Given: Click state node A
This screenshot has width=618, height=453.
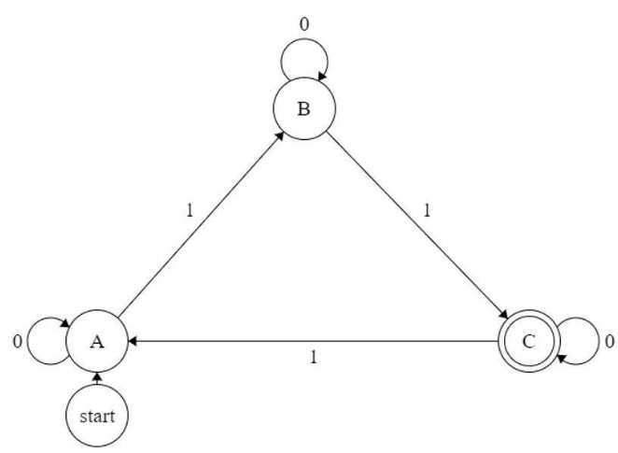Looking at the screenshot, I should [97, 342].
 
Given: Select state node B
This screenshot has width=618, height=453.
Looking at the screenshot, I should [302, 108].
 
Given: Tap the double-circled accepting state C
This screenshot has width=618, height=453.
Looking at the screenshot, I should [528, 342].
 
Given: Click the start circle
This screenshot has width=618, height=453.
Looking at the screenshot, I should [97, 415].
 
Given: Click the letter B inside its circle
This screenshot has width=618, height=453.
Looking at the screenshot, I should [302, 108].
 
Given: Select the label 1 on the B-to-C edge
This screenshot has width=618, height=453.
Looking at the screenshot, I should [427, 211].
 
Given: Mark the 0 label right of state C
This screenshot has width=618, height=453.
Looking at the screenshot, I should [608, 342].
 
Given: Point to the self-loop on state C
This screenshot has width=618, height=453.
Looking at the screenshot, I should [574, 342].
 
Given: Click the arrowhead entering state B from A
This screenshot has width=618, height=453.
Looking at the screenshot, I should [281, 134].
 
